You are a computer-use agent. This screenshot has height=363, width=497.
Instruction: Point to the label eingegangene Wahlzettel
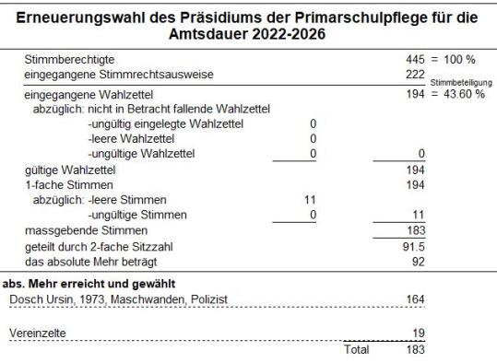coord(87,94)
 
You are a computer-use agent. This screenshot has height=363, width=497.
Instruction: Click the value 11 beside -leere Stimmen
coord(309,200)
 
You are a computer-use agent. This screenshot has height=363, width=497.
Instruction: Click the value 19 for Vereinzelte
coord(417,331)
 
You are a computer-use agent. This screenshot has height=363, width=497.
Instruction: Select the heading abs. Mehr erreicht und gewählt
coord(89,283)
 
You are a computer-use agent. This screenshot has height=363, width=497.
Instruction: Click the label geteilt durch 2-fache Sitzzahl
coord(98,247)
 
